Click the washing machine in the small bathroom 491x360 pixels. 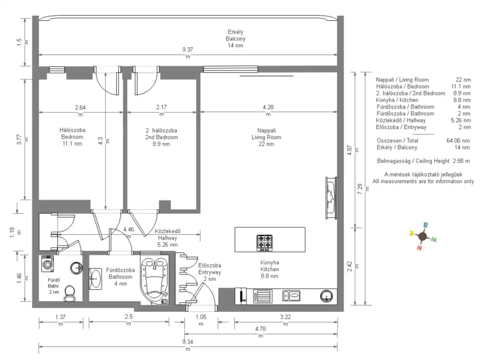[x=48, y=264]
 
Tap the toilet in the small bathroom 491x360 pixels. [x=70, y=293]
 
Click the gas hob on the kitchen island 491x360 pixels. [x=264, y=243]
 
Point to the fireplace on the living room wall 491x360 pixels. [x=331, y=198]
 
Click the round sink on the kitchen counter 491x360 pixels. [x=327, y=296]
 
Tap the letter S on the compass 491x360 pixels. [x=426, y=224]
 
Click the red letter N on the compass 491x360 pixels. [x=419, y=248]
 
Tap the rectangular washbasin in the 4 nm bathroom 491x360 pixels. [x=96, y=278]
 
